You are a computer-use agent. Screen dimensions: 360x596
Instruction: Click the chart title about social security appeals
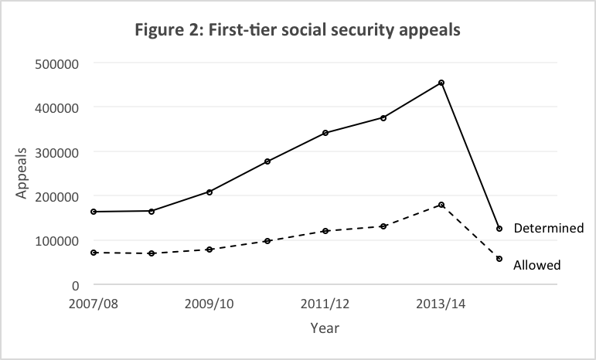click(298, 33)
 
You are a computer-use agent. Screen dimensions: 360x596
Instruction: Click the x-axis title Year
click(325, 328)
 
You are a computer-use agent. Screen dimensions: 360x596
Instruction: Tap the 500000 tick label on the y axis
click(57, 63)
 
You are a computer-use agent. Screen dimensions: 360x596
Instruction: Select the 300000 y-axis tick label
click(57, 152)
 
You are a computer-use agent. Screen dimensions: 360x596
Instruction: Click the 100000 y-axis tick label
click(57, 241)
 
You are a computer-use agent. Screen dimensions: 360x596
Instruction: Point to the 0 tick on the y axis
click(76, 285)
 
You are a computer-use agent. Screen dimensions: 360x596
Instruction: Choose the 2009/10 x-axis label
click(209, 304)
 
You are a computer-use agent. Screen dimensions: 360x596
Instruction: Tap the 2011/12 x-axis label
click(325, 304)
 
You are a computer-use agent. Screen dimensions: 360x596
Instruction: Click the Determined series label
click(549, 229)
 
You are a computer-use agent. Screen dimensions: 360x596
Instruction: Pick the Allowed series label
click(536, 265)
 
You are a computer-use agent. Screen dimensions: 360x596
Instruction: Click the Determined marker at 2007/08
click(94, 212)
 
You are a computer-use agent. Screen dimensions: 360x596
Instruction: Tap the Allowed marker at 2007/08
click(94, 253)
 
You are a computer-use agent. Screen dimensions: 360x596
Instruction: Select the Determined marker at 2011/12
click(325, 133)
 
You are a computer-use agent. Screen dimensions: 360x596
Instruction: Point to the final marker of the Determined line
click(499, 229)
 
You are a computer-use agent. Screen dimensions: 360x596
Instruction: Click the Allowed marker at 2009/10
click(209, 250)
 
